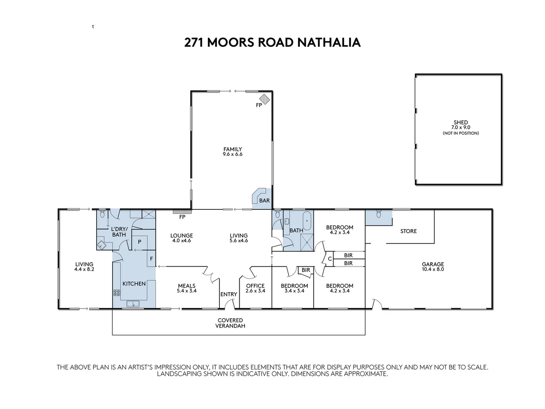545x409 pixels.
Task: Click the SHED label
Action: pyautogui.click(x=461, y=122)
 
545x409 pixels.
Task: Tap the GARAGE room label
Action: pyautogui.click(x=433, y=264)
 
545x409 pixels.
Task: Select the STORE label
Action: pyautogui.click(x=408, y=231)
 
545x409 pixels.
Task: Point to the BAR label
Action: pyautogui.click(x=265, y=200)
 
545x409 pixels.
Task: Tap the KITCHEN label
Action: pyautogui.click(x=134, y=283)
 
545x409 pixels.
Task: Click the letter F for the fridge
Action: pyautogui.click(x=151, y=259)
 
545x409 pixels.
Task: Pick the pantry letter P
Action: pyautogui.click(x=139, y=242)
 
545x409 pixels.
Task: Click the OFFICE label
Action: pyautogui.click(x=255, y=286)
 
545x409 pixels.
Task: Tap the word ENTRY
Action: pyautogui.click(x=229, y=294)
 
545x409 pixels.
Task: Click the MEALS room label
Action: pyautogui.click(x=187, y=286)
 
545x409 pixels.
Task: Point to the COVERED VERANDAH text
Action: pyautogui.click(x=230, y=323)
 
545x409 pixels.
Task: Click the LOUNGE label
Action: pyautogui.click(x=182, y=236)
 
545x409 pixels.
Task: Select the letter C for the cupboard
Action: pyautogui.click(x=330, y=259)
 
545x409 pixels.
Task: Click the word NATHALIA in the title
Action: pyautogui.click(x=329, y=42)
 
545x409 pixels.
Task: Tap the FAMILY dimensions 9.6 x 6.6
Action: pyautogui.click(x=232, y=155)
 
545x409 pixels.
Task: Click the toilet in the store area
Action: pyautogui.click(x=378, y=215)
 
